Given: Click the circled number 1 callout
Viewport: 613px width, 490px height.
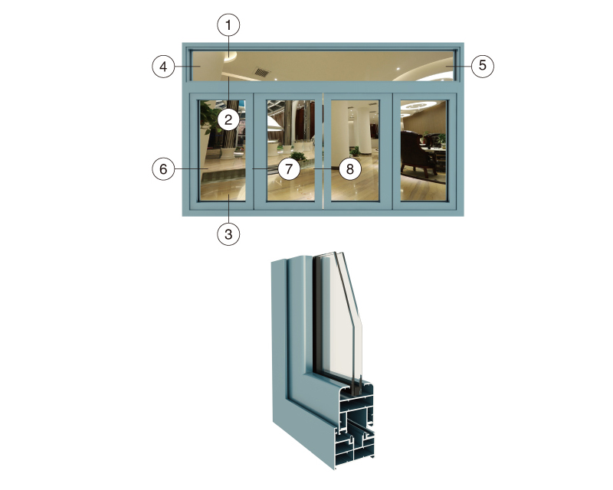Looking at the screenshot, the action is tap(228, 25).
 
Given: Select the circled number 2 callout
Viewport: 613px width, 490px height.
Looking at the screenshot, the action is tap(228, 119).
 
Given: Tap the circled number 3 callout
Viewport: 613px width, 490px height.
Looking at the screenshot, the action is tap(228, 234).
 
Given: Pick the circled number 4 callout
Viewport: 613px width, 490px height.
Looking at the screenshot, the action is tap(163, 66).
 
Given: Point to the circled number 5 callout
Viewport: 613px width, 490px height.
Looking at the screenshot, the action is tap(483, 65).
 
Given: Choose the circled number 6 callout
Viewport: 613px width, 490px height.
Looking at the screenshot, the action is tap(163, 168).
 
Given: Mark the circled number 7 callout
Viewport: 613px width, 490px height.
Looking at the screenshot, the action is tap(289, 168).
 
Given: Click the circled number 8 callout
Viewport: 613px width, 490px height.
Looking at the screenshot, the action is tap(349, 168).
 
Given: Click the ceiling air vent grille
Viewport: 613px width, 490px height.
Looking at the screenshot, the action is tap(261, 72).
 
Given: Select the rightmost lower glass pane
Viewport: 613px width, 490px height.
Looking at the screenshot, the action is tap(424, 150).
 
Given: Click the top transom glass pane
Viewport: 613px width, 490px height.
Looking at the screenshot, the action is tap(323, 66).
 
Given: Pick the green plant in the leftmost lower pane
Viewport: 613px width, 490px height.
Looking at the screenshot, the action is tap(210, 116).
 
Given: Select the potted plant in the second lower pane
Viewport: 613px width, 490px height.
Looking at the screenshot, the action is tap(298, 157).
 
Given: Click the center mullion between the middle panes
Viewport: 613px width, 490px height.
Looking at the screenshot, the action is tap(323, 152).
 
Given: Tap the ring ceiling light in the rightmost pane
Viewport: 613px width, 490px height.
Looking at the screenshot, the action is tap(417, 105).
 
